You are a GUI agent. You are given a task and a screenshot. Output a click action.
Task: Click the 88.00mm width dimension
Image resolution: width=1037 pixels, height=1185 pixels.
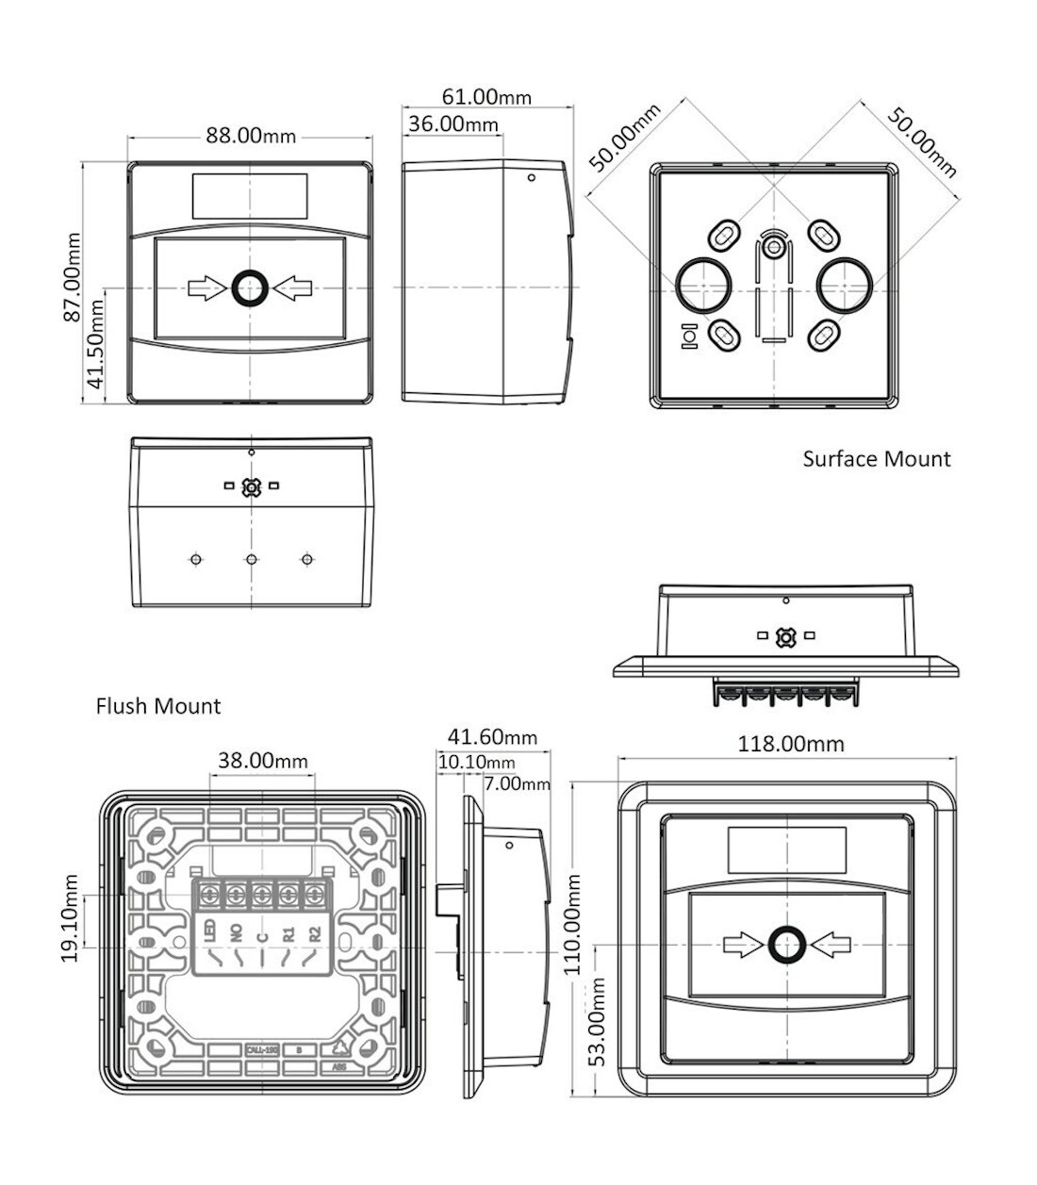click(251, 136)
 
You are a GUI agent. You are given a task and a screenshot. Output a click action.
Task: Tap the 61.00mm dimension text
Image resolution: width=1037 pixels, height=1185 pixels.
click(486, 96)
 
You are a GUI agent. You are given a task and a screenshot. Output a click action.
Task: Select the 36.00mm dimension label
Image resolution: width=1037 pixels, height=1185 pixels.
click(452, 123)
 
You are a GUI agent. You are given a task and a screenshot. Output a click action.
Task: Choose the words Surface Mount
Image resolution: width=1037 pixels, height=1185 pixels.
click(877, 459)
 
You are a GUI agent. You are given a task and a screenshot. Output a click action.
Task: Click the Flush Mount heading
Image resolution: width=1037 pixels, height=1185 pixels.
click(158, 706)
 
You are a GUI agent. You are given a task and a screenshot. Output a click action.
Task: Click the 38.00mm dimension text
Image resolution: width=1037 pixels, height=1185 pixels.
click(263, 760)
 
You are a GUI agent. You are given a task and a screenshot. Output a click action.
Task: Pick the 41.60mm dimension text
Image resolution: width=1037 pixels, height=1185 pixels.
click(492, 737)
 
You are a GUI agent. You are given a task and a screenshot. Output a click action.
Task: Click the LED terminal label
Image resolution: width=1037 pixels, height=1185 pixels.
click(209, 932)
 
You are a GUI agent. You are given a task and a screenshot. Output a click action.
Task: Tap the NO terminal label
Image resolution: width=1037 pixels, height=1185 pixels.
click(236, 933)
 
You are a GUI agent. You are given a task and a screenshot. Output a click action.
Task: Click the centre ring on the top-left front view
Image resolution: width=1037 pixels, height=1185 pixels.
click(250, 288)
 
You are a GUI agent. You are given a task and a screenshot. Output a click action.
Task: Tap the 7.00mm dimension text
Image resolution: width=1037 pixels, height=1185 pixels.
click(517, 783)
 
